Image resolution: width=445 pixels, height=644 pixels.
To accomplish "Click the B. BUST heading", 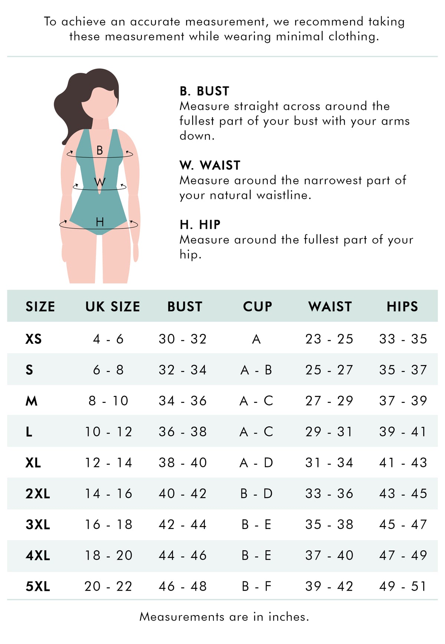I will [x=204, y=91].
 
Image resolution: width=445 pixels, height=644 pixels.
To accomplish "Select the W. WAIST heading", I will [x=210, y=165].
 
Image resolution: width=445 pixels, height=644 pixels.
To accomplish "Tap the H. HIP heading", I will [x=200, y=225].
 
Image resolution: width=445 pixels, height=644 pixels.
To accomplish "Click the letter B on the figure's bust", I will [x=99, y=150].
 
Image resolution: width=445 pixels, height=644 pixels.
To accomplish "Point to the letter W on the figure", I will [x=99, y=182].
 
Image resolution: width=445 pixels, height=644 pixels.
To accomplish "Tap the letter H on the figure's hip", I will [x=100, y=222].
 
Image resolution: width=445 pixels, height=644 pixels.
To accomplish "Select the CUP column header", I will [x=257, y=306].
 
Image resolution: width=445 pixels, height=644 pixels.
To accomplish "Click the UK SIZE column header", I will [x=113, y=306].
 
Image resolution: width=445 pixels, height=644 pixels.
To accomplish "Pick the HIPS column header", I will [x=402, y=306].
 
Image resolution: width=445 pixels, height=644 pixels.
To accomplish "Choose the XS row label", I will [x=33, y=339].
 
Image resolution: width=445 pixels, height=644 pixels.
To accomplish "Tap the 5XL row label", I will [x=38, y=586].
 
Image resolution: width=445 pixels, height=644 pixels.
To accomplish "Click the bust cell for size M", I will [x=182, y=401].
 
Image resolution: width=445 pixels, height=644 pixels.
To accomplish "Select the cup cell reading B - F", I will [x=257, y=586].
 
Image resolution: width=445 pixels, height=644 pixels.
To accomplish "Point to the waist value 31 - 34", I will [x=329, y=463].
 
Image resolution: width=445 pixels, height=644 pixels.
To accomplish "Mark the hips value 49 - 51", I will [x=403, y=586].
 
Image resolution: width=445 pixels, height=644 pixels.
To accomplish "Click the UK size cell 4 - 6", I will [x=108, y=339].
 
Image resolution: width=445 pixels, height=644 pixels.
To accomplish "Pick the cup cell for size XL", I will [x=256, y=463].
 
